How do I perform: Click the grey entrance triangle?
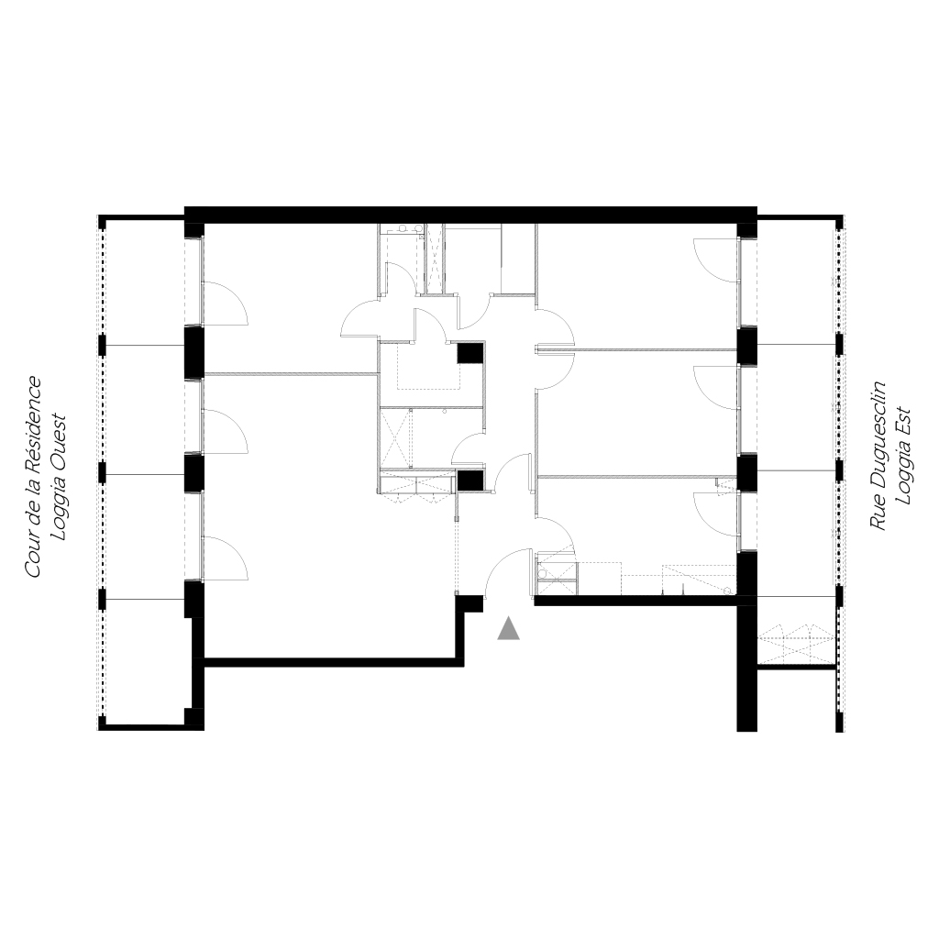click(508, 629)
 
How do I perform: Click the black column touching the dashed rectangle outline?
click(470, 352)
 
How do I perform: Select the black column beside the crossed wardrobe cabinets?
click(470, 481)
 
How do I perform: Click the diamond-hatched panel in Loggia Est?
click(796, 644)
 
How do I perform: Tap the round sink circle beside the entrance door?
click(543, 574)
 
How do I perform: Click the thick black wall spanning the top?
click(470, 215)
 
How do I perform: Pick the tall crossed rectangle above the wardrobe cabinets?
click(396, 438)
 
